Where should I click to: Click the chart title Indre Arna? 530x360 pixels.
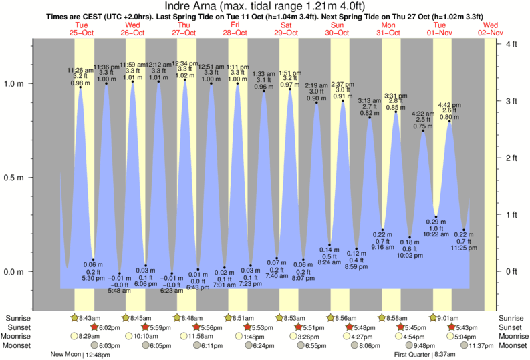265,7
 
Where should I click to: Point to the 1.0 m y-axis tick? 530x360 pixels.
15,84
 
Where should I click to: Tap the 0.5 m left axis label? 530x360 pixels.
15,178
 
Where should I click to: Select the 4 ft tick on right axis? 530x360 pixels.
512,44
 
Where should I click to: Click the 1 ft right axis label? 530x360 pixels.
512,214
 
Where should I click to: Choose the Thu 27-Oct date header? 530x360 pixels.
184,27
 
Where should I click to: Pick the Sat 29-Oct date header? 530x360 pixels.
286,27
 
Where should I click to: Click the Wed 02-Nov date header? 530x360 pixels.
491,27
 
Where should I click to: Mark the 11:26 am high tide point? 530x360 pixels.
80,87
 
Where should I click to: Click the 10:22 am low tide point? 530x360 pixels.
436,216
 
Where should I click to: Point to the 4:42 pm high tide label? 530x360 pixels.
450,105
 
